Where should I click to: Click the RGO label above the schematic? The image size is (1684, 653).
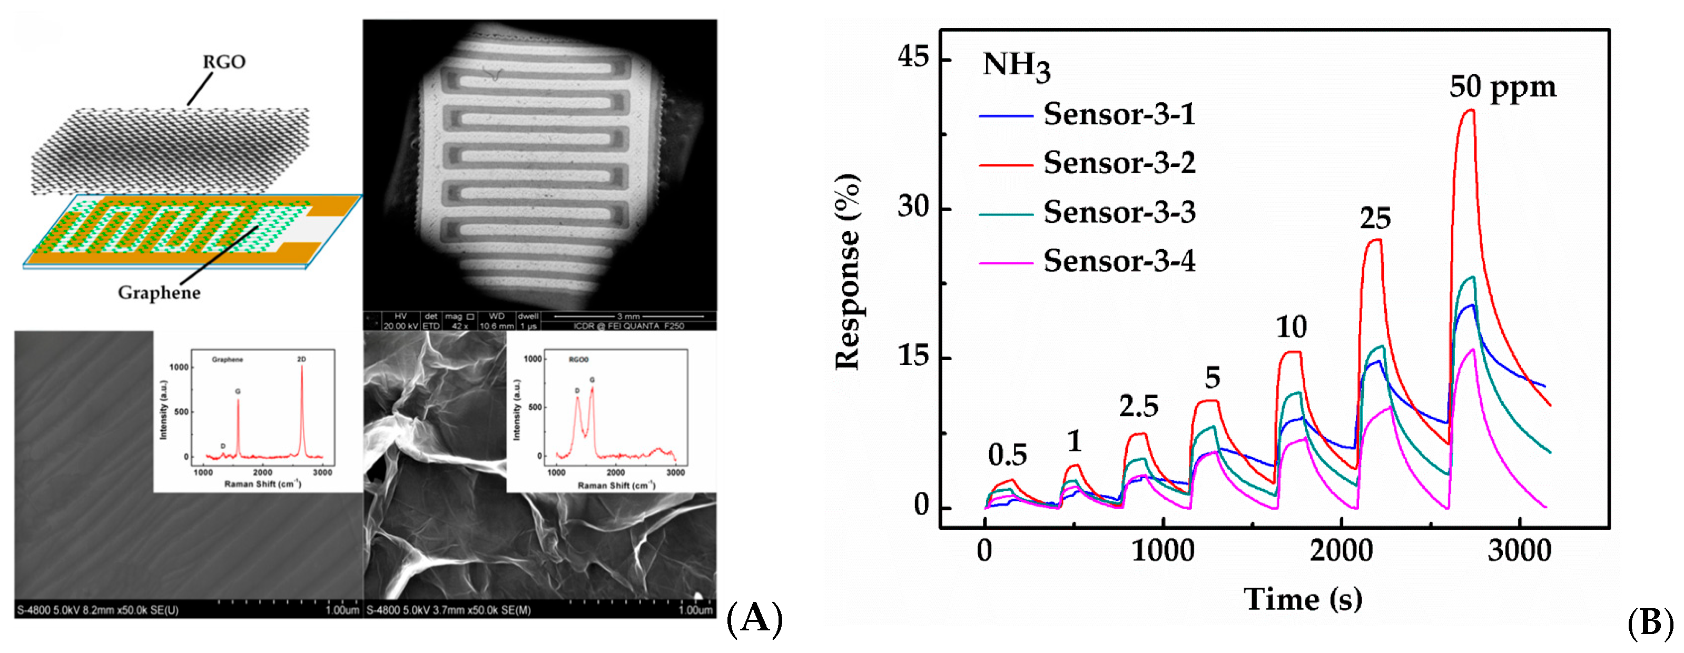(x=223, y=62)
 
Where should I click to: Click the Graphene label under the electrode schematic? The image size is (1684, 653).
(x=159, y=292)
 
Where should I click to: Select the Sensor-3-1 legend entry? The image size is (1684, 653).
(x=1118, y=114)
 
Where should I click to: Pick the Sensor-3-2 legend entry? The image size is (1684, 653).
(x=1118, y=163)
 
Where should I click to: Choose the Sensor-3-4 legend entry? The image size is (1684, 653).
(x=1118, y=261)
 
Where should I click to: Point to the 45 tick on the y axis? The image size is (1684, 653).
(x=913, y=57)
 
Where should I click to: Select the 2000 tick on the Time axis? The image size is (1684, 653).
(x=1341, y=551)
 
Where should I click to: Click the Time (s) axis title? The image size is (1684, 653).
(x=1302, y=599)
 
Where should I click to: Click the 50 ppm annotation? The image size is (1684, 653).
(x=1502, y=87)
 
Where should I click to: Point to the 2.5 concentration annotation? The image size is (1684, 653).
(x=1138, y=407)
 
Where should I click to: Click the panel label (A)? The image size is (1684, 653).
(x=754, y=618)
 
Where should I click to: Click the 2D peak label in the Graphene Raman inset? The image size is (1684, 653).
(x=301, y=359)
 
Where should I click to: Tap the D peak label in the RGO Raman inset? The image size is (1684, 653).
(x=577, y=391)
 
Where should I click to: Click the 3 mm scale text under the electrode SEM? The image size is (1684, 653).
(x=628, y=316)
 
